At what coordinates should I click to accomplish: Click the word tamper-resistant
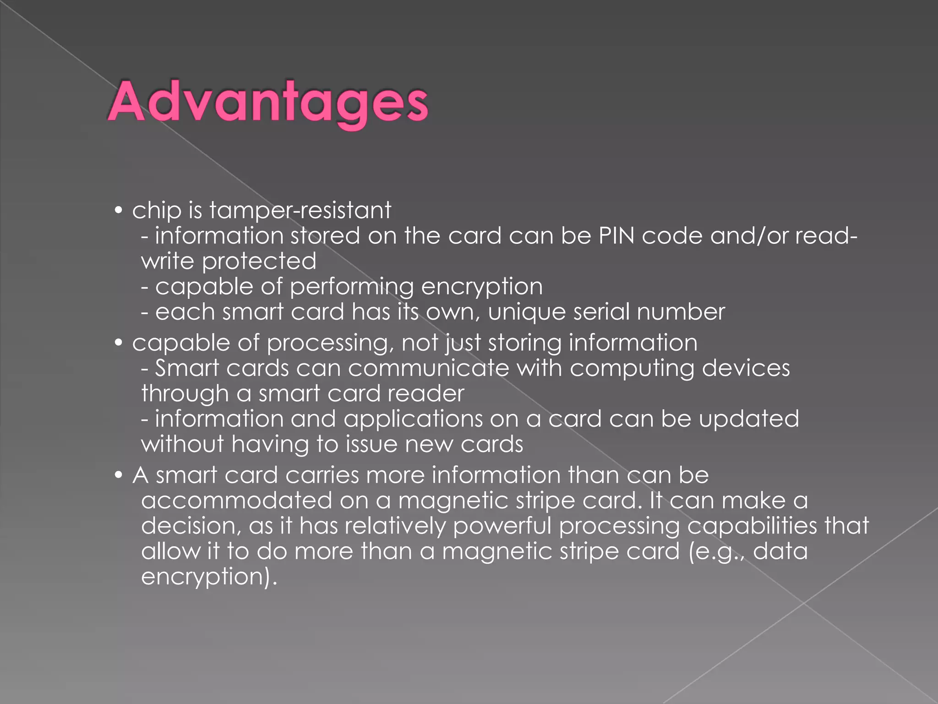click(x=300, y=211)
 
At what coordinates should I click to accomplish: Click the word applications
click(x=413, y=419)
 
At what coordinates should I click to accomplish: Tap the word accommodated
click(x=236, y=500)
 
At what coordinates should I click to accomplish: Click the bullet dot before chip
click(x=119, y=211)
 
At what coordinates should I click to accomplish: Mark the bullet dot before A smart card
click(x=119, y=475)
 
